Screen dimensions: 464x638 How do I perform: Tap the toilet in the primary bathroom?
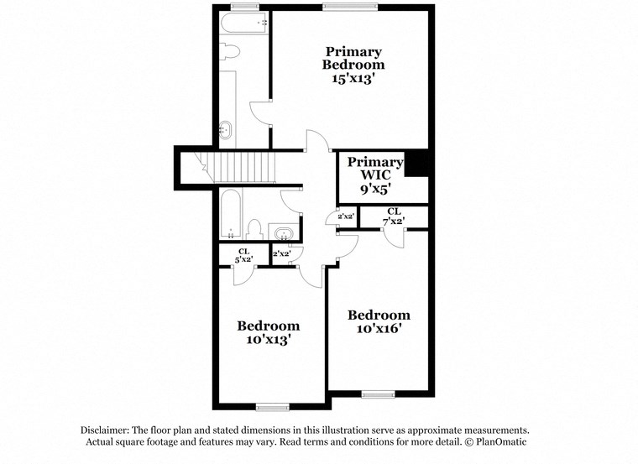(232, 53)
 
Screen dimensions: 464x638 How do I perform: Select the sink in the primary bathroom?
(225, 130)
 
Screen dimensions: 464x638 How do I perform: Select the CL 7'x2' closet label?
(395, 216)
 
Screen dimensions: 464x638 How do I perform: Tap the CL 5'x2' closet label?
(243, 255)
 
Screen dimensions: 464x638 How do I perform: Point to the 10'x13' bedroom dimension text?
(268, 340)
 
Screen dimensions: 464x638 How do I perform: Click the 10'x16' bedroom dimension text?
(379, 329)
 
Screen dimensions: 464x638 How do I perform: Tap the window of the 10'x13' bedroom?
(272, 407)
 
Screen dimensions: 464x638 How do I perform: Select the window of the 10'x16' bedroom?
(379, 394)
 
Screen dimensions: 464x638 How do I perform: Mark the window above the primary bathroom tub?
(246, 8)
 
